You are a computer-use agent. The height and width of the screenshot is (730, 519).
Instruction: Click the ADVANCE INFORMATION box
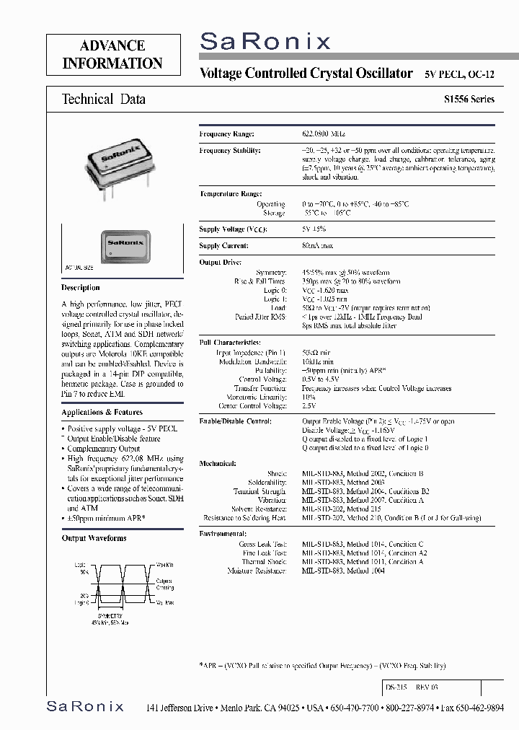[112, 55]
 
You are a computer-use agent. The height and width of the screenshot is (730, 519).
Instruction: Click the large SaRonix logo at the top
[265, 43]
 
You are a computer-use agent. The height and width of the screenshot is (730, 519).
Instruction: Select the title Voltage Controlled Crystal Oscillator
[306, 74]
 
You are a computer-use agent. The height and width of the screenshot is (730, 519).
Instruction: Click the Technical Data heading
[104, 100]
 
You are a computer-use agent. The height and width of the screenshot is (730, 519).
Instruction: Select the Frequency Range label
[227, 134]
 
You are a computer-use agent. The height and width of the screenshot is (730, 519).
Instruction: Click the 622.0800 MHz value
[324, 134]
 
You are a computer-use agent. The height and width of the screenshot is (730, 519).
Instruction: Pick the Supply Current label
[225, 246]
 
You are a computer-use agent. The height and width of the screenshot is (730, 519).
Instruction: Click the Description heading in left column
[81, 287]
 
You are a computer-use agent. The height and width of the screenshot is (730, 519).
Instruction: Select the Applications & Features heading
[102, 413]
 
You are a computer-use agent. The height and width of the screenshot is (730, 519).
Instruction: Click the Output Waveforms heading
[94, 538]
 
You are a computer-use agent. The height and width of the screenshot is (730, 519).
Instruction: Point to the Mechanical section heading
[218, 464]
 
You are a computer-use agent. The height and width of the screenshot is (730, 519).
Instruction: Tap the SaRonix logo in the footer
[85, 706]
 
